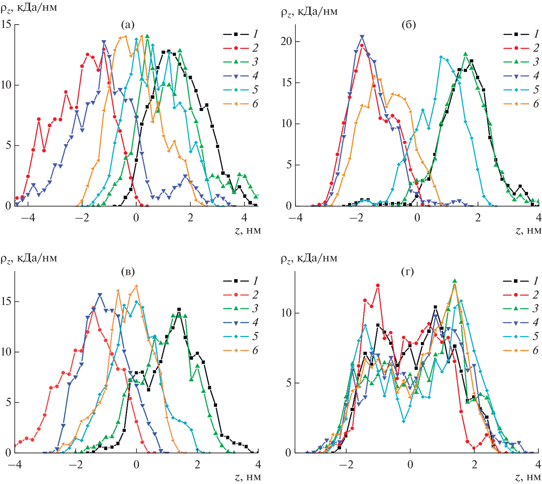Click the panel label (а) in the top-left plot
pyautogui.click(x=128, y=25)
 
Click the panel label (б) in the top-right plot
pyautogui.click(x=409, y=25)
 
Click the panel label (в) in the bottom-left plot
pyautogui.click(x=128, y=272)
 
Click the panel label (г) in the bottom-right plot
pyautogui.click(x=407, y=272)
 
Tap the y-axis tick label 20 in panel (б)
pyautogui.click(x=286, y=41)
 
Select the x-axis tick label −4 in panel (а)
pyautogui.click(x=28, y=218)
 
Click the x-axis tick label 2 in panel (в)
pyautogui.click(x=197, y=464)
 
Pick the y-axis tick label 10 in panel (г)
pyautogui.click(x=286, y=313)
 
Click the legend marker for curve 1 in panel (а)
pyautogui.click(x=236, y=34)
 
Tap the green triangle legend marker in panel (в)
pyautogui.click(x=236, y=308)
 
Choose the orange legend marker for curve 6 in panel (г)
pyautogui.click(x=516, y=351)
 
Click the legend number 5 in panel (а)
pyautogui.click(x=255, y=90)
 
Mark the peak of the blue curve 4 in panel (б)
pyautogui.click(x=362, y=37)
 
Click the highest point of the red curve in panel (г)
pyautogui.click(x=378, y=286)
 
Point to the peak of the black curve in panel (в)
pyautogui.click(x=179, y=310)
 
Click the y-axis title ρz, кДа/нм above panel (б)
pyautogui.click(x=309, y=12)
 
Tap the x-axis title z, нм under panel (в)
pyautogui.click(x=248, y=477)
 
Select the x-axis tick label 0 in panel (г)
pyautogui.click(x=410, y=464)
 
